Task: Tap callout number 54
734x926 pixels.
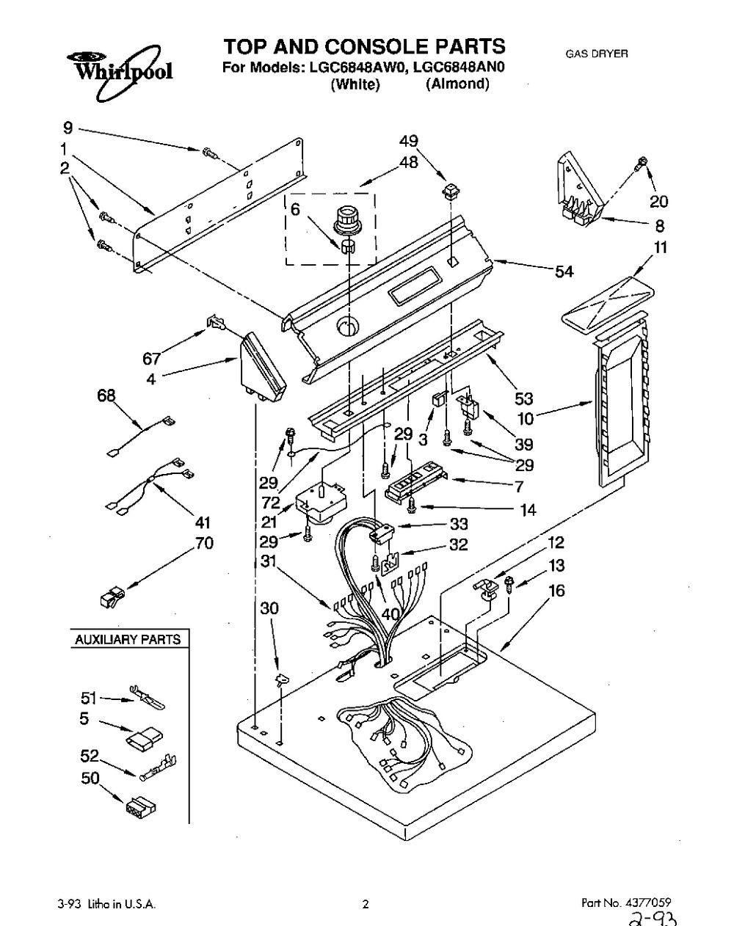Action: pos(564,271)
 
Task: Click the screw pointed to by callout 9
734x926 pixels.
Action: pos(208,152)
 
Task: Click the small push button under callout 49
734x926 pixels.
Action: pos(451,192)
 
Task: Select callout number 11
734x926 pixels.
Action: pos(661,247)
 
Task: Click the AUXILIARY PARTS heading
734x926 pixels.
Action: pos(128,639)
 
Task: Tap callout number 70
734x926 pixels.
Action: pos(205,543)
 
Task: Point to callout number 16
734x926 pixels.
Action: pos(557,591)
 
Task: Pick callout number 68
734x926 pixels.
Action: pos(106,395)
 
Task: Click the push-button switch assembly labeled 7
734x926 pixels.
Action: pos(415,481)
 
